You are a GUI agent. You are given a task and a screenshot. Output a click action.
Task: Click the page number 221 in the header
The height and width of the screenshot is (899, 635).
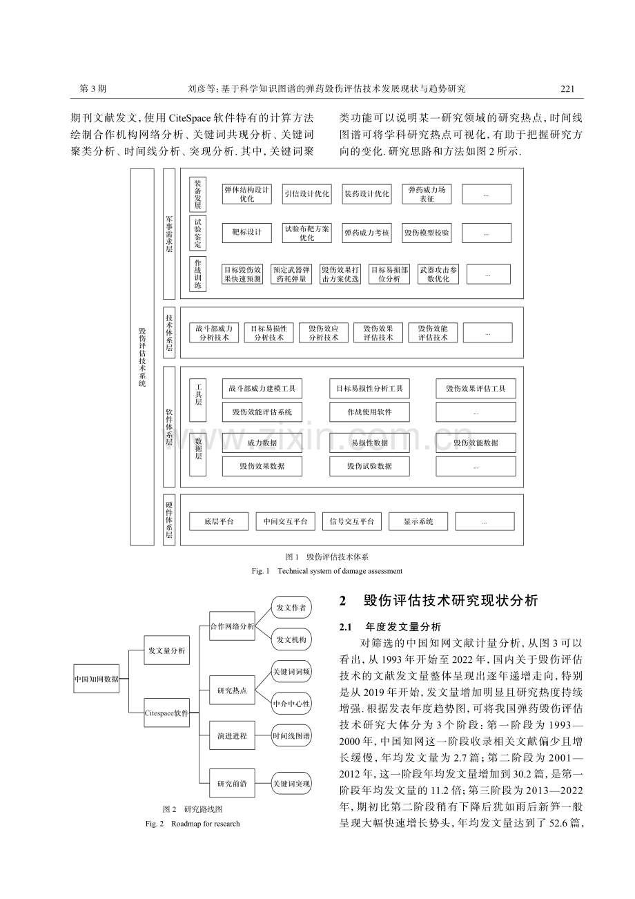pyautogui.click(x=567, y=88)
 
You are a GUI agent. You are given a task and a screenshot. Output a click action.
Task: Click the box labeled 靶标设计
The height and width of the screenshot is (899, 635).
pyautogui.click(x=246, y=233)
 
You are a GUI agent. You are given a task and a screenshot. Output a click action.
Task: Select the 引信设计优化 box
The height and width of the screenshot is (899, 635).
pyautogui.click(x=307, y=194)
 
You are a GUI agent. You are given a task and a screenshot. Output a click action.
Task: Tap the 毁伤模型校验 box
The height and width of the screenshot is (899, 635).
pyautogui.click(x=427, y=233)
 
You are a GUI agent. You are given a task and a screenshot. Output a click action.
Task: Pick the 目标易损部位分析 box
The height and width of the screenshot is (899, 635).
pyautogui.click(x=389, y=274)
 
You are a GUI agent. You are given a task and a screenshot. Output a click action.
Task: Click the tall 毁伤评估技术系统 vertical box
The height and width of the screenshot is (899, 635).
pyautogui.click(x=142, y=357)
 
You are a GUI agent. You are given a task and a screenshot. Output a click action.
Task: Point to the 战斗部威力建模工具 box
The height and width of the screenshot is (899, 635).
pyautogui.click(x=262, y=389)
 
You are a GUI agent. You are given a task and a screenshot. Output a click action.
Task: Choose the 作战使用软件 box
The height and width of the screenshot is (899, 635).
pyautogui.click(x=369, y=412)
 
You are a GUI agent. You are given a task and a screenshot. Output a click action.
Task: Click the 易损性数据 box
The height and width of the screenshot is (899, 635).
pyautogui.click(x=369, y=443)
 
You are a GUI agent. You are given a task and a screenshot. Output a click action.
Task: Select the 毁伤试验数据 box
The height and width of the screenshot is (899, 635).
pyautogui.click(x=369, y=466)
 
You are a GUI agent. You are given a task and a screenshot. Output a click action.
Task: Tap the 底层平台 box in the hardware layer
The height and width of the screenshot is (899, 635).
pyautogui.click(x=219, y=522)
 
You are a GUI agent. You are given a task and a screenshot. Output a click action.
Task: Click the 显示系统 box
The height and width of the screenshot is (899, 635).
pyautogui.click(x=418, y=522)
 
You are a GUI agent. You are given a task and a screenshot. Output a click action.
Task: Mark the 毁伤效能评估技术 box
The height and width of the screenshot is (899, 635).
pyautogui.click(x=433, y=333)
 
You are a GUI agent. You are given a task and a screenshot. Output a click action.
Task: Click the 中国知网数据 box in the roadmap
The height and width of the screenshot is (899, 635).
pyautogui.click(x=96, y=679)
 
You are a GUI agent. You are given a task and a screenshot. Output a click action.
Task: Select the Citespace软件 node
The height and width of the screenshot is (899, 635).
pyautogui.click(x=166, y=713)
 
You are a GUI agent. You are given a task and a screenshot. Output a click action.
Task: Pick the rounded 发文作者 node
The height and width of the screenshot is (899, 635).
pyautogui.click(x=292, y=608)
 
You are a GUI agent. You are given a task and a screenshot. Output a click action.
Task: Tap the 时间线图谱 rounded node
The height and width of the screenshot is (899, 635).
pyautogui.click(x=292, y=736)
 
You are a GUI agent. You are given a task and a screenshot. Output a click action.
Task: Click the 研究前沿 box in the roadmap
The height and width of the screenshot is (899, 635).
pyautogui.click(x=233, y=784)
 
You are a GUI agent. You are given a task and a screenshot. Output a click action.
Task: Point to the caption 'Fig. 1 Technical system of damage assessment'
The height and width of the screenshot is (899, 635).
pyautogui.click(x=327, y=571)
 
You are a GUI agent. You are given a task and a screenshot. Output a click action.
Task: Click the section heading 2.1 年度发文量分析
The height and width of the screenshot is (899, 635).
pyautogui.click(x=390, y=627)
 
